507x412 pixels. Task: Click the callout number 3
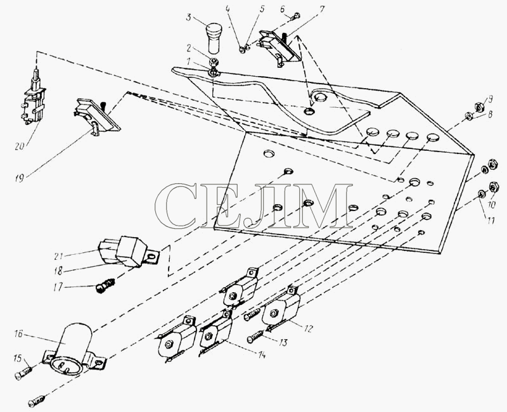click(189, 17)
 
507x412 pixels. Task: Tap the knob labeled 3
click(213, 38)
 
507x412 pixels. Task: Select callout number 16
click(18, 333)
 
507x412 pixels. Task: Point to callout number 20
click(20, 146)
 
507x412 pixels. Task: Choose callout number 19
click(20, 177)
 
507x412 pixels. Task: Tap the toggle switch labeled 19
click(96, 116)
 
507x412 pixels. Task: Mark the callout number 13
click(283, 342)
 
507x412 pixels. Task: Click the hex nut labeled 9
click(479, 106)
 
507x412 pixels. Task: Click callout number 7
click(321, 10)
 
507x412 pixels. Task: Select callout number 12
click(308, 328)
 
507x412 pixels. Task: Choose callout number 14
click(261, 355)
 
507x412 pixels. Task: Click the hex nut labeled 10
click(493, 186)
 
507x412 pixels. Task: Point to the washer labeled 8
click(468, 115)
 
